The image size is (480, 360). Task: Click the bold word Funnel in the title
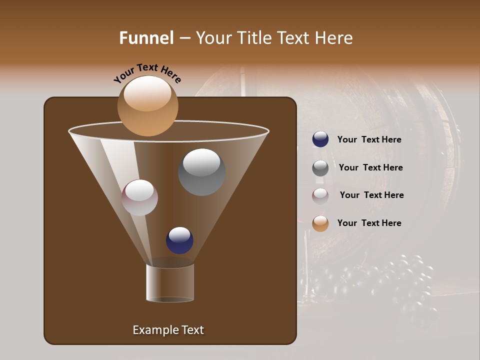click(146, 38)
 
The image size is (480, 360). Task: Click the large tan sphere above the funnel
click(147, 105)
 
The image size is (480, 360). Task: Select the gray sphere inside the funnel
click(201, 171)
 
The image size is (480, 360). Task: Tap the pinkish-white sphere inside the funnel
click(139, 197)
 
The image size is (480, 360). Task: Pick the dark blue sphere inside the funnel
click(179, 240)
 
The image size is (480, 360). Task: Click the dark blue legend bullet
click(320, 139)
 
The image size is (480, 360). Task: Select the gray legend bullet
click(320, 168)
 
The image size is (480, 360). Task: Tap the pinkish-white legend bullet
click(320, 196)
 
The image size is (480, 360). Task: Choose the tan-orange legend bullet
click(320, 223)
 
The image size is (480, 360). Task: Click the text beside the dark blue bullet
click(369, 139)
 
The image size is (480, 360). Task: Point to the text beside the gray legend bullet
click(370, 167)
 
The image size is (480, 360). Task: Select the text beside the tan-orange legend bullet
click(369, 223)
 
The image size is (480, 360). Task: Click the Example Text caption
click(168, 330)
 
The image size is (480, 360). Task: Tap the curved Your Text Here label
click(147, 73)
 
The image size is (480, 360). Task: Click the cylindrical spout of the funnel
click(170, 283)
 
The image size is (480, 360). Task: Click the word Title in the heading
click(255, 38)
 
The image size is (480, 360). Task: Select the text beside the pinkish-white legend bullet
click(371, 195)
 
